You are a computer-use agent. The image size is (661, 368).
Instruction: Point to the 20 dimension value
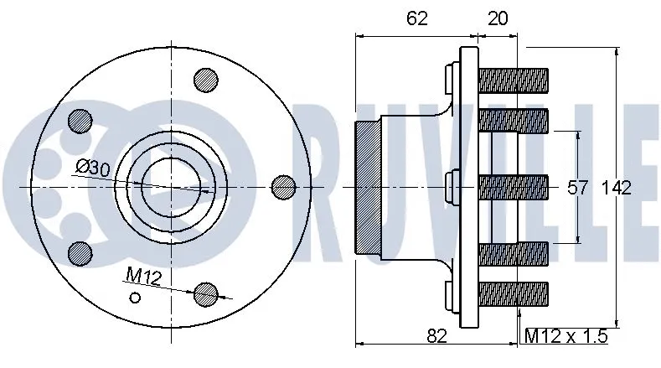pos(497,18)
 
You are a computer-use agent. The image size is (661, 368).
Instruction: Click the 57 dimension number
pos(579,188)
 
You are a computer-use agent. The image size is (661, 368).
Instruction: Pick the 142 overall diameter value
pos(616,188)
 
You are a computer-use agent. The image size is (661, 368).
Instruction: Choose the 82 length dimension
pos(436,336)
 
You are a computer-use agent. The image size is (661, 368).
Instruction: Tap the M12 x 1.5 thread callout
pos(565,336)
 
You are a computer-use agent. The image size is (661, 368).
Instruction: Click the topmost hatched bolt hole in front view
pos(205,79)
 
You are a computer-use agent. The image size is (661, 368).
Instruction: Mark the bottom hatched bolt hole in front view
pos(205,293)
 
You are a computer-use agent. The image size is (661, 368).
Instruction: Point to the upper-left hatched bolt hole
pos(80,119)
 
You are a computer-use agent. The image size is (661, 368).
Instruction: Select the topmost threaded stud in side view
pos(513,80)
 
